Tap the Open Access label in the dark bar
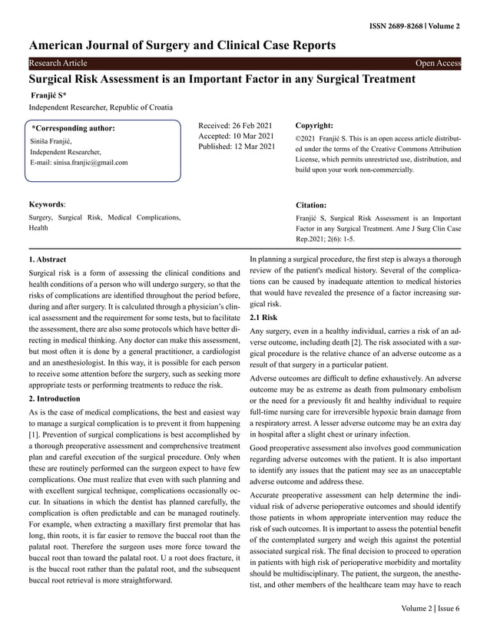pos(438,63)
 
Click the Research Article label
pos(58,63)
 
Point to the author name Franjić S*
pos(48,94)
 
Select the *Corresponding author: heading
pos(73,128)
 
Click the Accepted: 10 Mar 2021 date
pos(237,135)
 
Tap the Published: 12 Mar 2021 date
pos(237,147)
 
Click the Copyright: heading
pos(314,124)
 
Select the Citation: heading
pos(311,206)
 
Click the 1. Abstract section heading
pos(47,260)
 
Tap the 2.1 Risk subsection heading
pos(264,317)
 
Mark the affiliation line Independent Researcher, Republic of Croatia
pos(101,107)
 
